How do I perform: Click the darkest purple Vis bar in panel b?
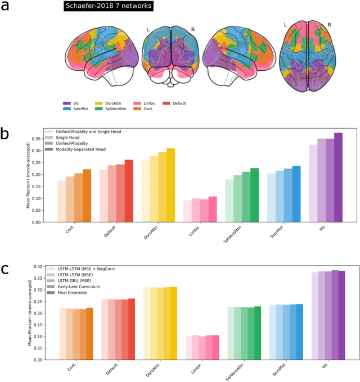(338, 178)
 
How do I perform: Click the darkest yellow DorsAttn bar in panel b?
(170, 185)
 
